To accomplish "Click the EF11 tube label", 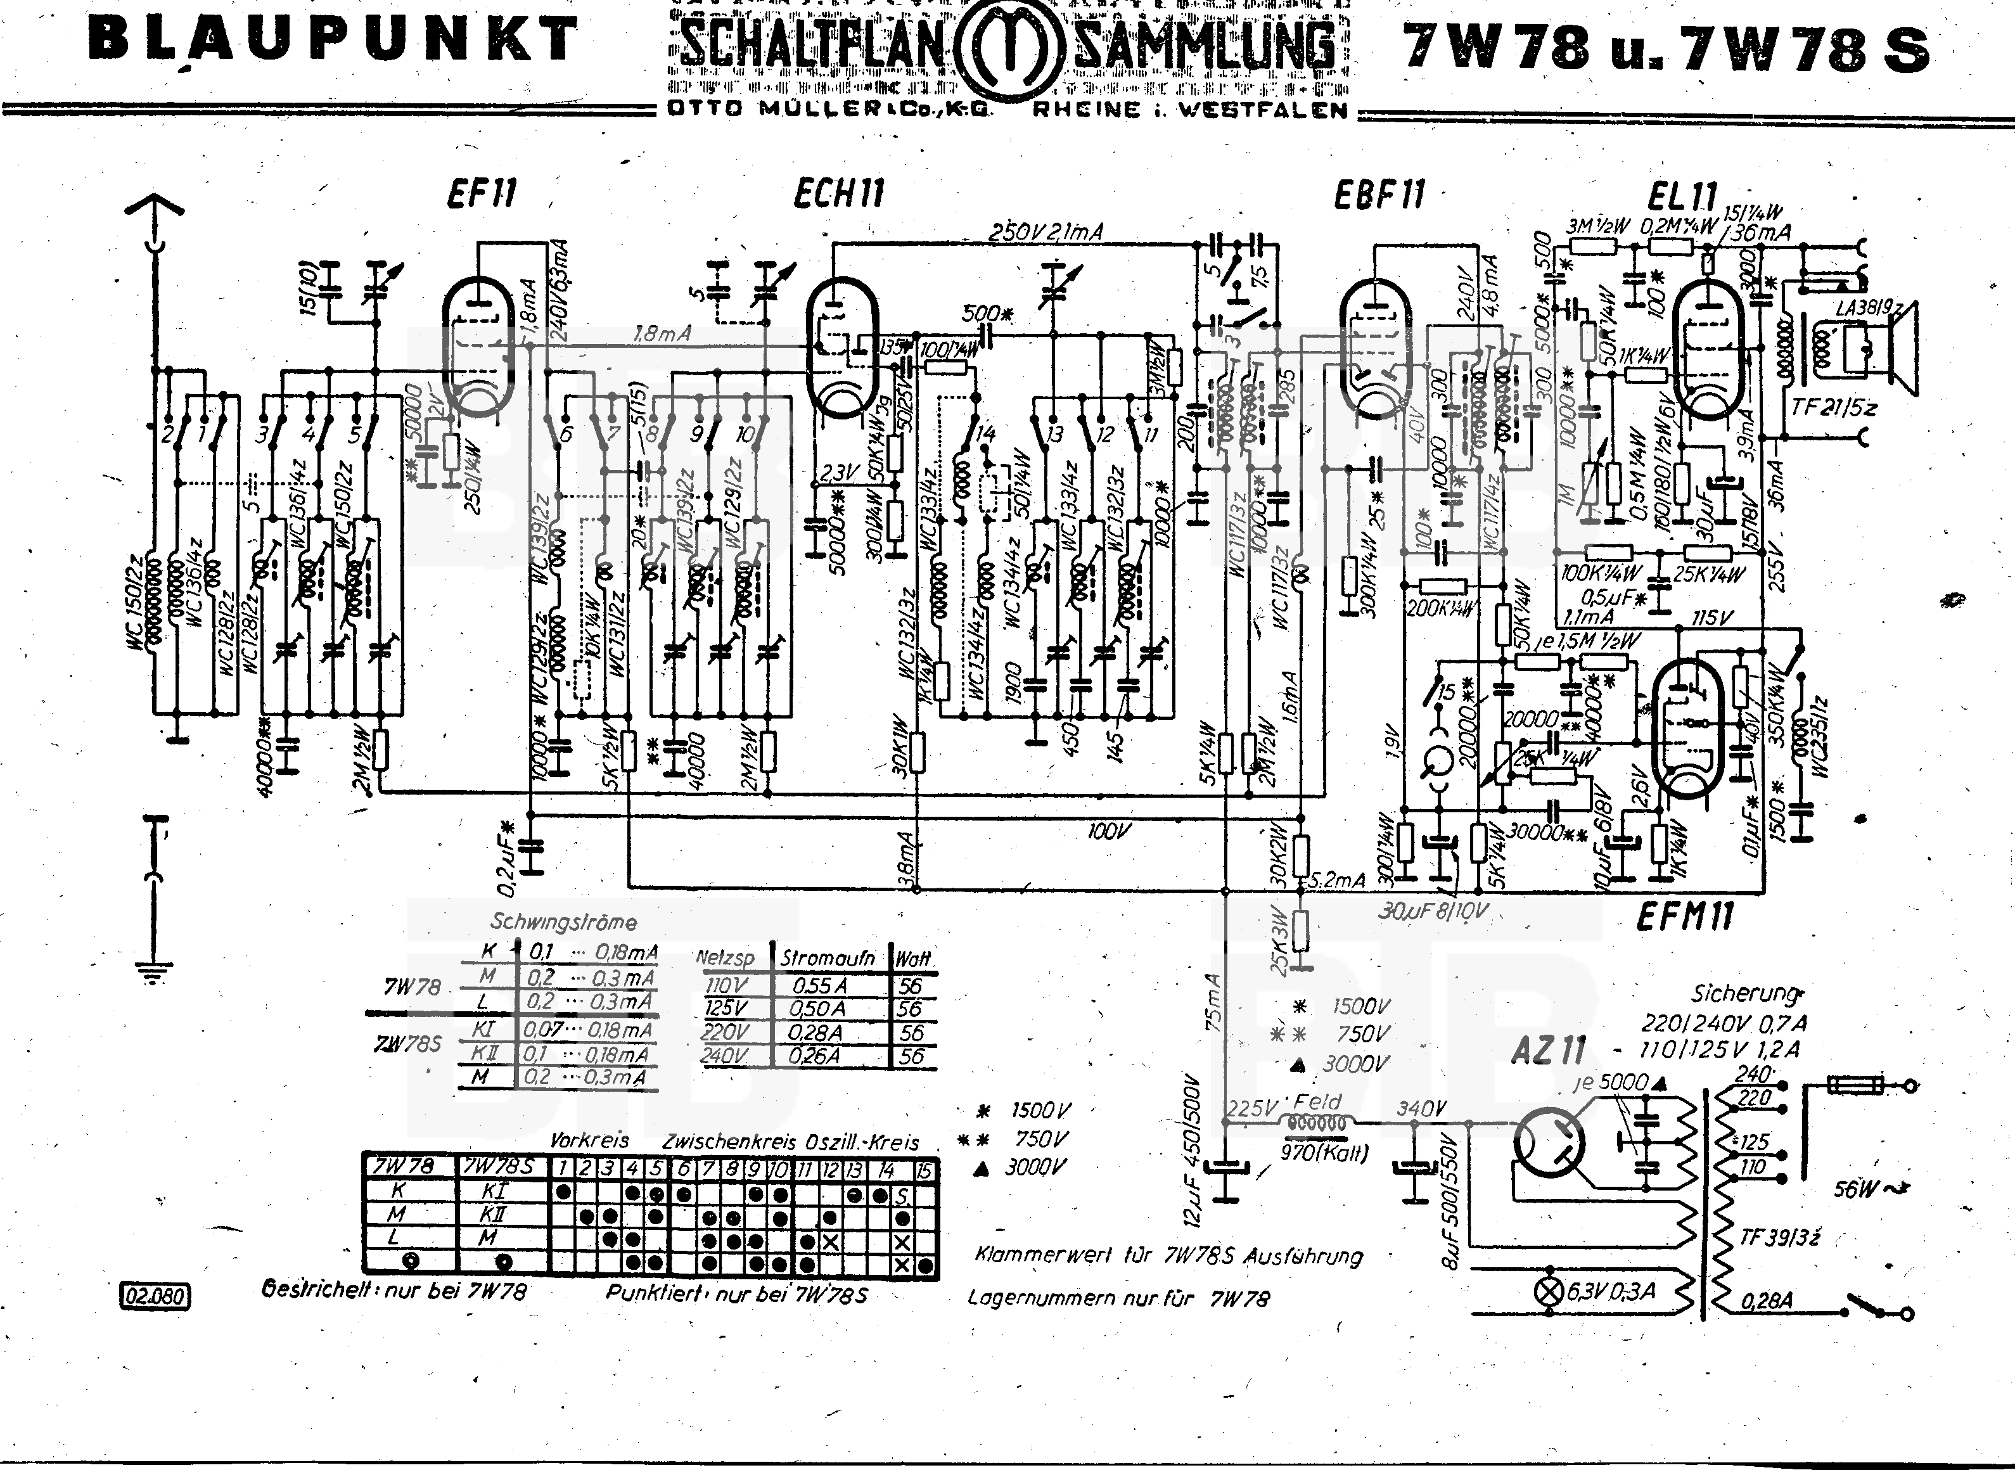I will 482,193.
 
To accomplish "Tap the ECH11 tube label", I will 839,193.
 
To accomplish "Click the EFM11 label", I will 1684,916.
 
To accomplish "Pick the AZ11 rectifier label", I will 1548,1052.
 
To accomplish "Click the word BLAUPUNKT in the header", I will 333,40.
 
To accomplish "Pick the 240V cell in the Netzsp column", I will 724,1056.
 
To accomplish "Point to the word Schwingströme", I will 563,922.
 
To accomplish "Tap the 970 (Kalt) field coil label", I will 1323,1153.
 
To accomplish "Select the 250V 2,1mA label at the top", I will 1046,233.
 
